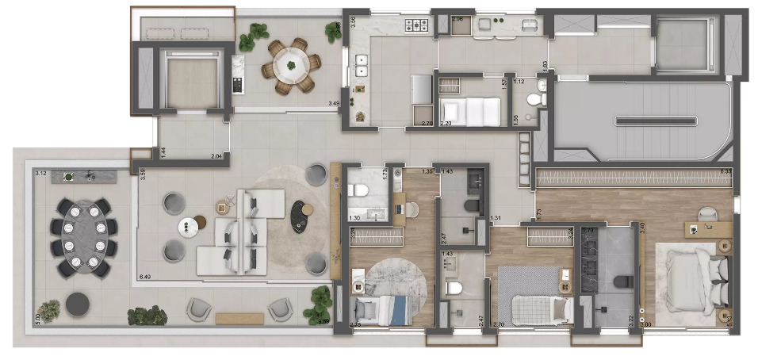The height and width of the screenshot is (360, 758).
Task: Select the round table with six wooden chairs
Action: point(290,62)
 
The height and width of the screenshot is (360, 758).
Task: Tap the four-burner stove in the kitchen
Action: point(418,26)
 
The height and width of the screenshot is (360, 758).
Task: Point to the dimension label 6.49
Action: point(144,277)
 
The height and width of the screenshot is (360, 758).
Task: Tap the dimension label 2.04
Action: point(216,157)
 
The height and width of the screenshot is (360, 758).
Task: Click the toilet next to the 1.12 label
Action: point(538,96)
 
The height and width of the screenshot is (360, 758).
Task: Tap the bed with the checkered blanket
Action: point(535,304)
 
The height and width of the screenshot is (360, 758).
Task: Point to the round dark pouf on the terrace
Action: point(77,304)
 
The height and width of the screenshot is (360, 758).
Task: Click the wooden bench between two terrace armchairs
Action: point(239,318)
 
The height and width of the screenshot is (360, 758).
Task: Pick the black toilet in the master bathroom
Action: point(623,281)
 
